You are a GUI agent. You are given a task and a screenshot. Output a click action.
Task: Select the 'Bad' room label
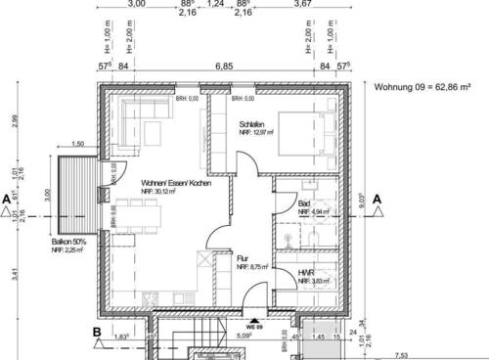[304, 202]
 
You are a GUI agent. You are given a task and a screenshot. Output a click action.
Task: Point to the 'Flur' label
[243, 256]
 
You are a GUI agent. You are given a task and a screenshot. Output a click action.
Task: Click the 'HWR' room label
[306, 272]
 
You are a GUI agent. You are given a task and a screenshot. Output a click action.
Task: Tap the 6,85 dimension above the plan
[224, 67]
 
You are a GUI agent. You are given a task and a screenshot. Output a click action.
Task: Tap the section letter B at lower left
[96, 332]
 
